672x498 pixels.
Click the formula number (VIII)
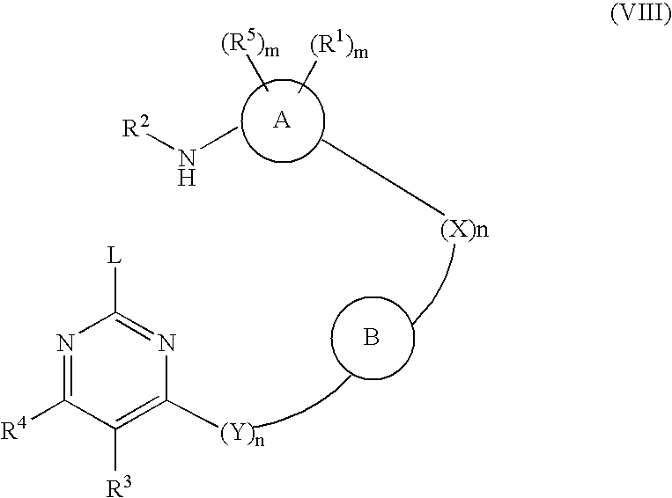640,13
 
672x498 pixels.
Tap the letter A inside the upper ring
282,121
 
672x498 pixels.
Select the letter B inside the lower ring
372,337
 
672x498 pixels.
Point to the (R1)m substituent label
339,46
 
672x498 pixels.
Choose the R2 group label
136,128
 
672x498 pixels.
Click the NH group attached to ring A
187,167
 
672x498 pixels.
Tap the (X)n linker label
464,230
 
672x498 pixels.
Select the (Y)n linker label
242,434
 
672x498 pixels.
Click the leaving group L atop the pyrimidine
114,256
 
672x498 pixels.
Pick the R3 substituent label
118,487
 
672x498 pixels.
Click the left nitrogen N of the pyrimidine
65,342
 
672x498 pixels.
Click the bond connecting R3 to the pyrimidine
115,450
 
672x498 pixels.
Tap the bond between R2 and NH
162,143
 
